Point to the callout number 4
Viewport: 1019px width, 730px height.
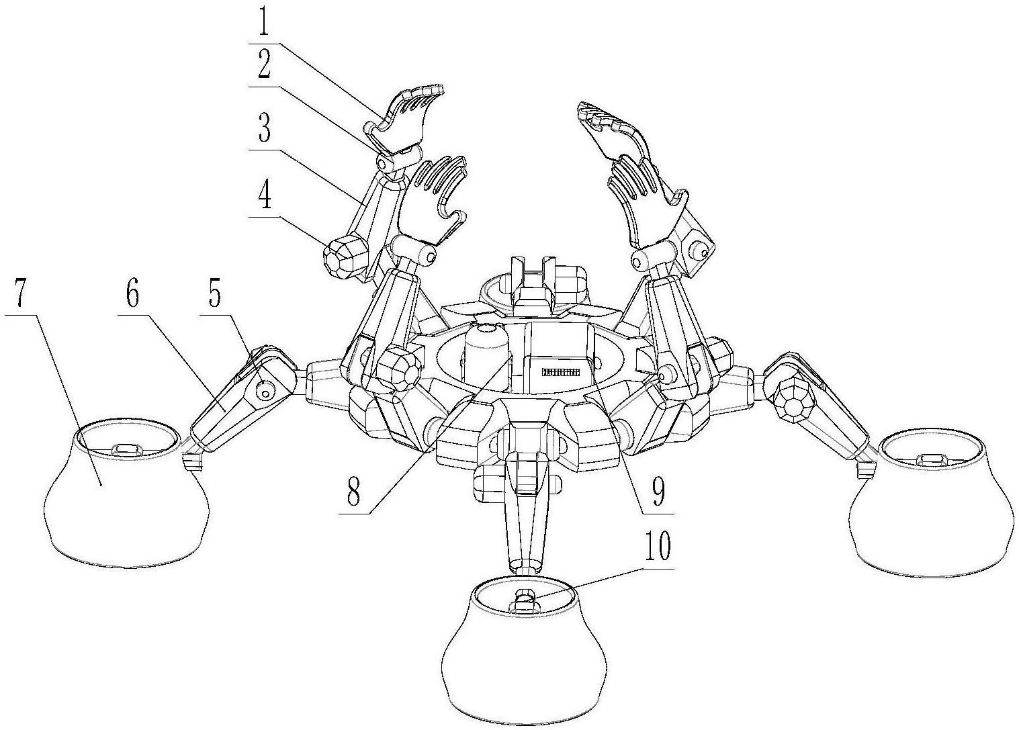tap(265, 195)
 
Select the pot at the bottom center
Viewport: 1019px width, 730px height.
tap(525, 655)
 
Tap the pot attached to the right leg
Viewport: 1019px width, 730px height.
tap(933, 505)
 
